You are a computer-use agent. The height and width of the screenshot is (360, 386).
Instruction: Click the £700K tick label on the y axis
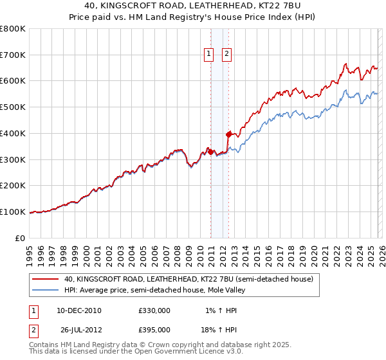(13, 55)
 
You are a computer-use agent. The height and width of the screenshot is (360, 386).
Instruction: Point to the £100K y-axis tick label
(13, 212)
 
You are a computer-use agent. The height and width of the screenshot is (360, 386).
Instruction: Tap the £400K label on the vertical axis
(13, 133)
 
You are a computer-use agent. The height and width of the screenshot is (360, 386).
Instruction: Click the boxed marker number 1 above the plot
(210, 55)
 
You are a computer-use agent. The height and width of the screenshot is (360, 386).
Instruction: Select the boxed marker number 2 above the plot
(228, 55)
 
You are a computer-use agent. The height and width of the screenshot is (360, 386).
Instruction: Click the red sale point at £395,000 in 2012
(228, 134)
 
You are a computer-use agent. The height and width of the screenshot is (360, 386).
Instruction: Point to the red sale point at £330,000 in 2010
(210, 152)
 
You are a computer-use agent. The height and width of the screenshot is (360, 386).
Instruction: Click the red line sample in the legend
(46, 280)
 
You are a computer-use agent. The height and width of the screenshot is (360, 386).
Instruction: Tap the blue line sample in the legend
(46, 290)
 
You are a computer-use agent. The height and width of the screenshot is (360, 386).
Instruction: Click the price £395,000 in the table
(154, 329)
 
